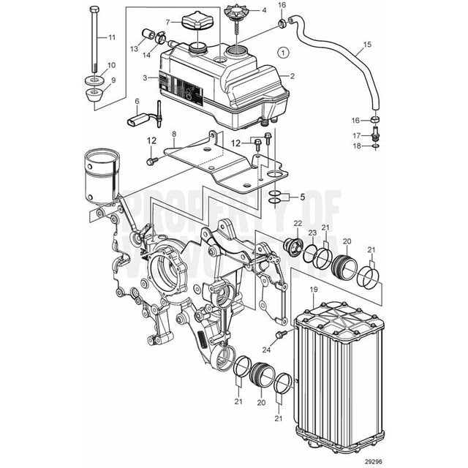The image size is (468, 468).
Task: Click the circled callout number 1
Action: (x=284, y=53)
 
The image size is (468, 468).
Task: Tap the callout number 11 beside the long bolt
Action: (x=111, y=37)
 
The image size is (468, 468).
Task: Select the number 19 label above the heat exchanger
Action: (x=313, y=290)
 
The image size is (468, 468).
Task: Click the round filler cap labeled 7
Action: (x=197, y=27)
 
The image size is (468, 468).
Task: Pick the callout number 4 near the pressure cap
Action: (x=264, y=12)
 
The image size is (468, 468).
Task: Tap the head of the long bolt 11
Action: (x=94, y=9)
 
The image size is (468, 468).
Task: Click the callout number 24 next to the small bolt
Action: (x=266, y=350)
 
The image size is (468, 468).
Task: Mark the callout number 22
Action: (x=298, y=223)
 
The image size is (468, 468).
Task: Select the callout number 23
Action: (x=312, y=233)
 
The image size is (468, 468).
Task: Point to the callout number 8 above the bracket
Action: (x=174, y=135)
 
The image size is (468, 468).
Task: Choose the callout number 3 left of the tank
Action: (x=145, y=78)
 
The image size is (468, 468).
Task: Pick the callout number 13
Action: (x=134, y=48)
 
